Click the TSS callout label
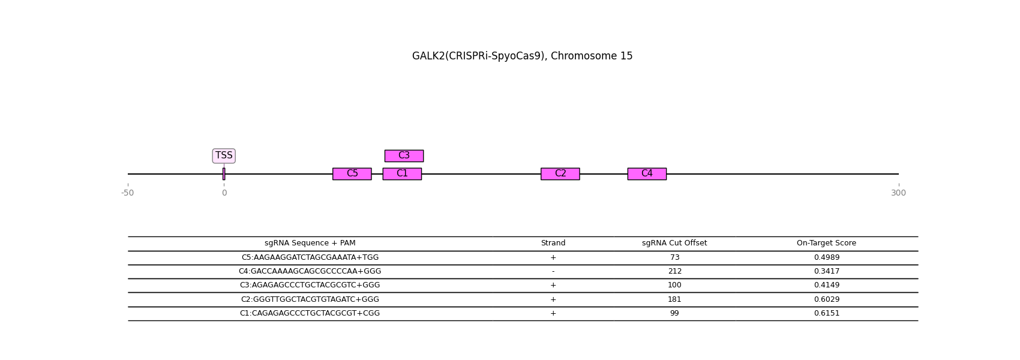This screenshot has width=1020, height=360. (224, 155)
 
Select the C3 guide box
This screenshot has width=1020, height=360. (404, 155)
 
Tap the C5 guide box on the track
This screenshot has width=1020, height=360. (352, 174)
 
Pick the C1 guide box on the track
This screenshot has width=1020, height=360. (402, 174)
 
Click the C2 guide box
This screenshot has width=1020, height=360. (560, 174)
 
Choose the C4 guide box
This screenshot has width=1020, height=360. (647, 174)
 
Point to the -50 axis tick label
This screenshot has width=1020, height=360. (127, 193)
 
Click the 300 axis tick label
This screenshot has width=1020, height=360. (898, 193)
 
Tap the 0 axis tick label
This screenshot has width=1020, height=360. (224, 193)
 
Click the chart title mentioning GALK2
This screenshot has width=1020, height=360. (522, 56)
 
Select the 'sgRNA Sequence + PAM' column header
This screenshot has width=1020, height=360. (310, 243)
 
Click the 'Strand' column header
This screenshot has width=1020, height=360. (553, 243)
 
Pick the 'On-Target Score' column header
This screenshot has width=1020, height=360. (826, 243)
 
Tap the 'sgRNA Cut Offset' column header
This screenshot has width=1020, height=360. (674, 243)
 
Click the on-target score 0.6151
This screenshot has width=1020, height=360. (826, 313)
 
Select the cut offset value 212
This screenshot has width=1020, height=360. (675, 271)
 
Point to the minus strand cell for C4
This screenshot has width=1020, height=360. (553, 271)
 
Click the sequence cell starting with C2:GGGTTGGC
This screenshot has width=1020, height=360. (310, 299)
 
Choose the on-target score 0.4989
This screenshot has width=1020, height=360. (826, 257)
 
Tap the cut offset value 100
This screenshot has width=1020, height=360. (674, 285)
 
